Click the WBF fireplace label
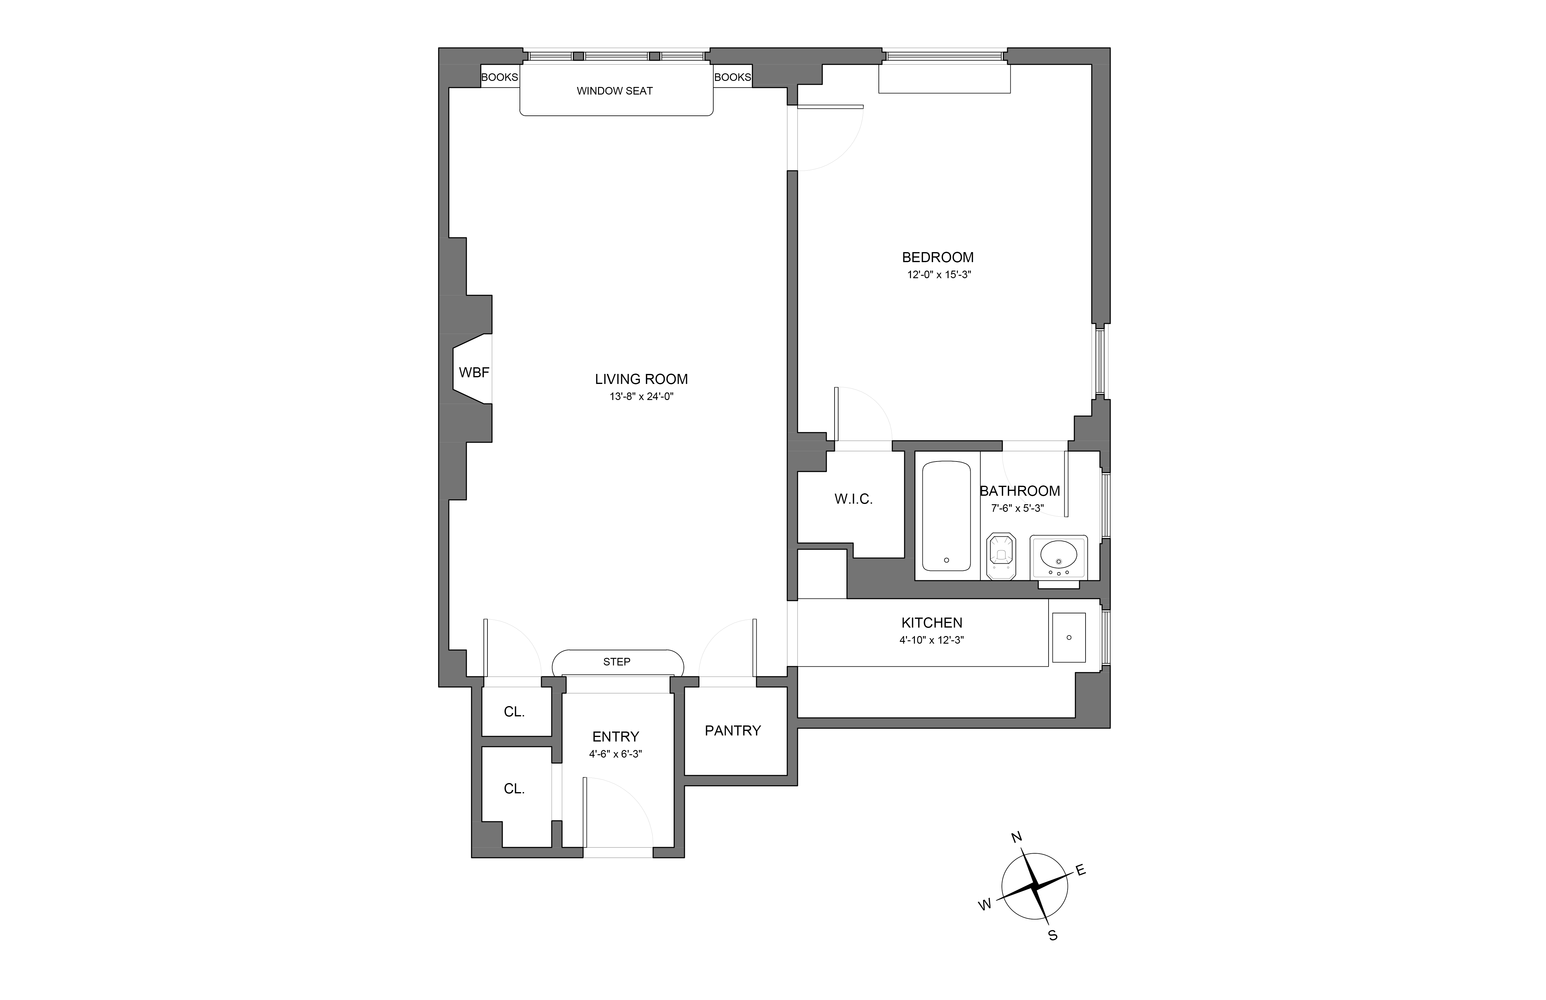(x=474, y=373)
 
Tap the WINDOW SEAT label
(x=614, y=91)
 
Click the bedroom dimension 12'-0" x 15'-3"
(x=939, y=275)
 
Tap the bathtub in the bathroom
(x=946, y=516)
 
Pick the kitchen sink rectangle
(x=1069, y=638)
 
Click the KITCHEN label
(x=932, y=623)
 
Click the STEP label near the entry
(x=617, y=662)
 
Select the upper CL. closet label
(x=514, y=712)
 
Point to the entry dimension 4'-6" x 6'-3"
(x=615, y=754)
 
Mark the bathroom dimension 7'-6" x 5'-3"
(x=1017, y=508)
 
